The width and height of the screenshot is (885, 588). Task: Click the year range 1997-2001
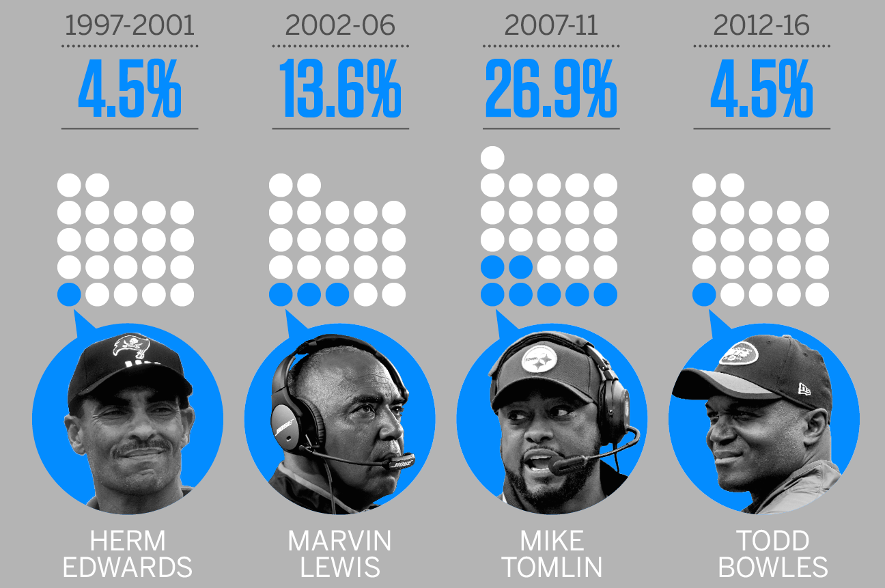tap(130, 25)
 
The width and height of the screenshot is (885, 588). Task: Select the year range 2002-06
tap(340, 25)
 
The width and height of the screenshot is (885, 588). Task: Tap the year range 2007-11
tap(551, 25)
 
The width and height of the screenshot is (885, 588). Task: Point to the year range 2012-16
tap(761, 25)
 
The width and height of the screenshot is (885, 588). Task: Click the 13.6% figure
tap(340, 89)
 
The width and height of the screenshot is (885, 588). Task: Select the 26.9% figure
tap(551, 89)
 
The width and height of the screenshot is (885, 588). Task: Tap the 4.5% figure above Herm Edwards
tap(130, 89)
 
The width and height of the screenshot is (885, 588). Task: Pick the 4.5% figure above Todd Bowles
tap(761, 89)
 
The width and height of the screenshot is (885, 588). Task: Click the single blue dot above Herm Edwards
tap(69, 294)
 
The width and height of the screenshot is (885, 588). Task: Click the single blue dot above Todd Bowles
tap(704, 294)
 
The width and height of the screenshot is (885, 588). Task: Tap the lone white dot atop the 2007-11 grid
tap(492, 157)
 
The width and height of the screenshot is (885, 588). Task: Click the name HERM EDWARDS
tap(128, 554)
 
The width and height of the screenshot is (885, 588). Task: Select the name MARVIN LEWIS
tap(340, 554)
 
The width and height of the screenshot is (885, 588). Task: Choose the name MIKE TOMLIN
tap(552, 554)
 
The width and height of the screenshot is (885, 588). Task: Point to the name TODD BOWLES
tap(773, 554)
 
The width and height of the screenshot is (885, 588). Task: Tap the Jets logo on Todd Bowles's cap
tap(739, 353)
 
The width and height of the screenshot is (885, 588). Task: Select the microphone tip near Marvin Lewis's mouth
tap(402, 462)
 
